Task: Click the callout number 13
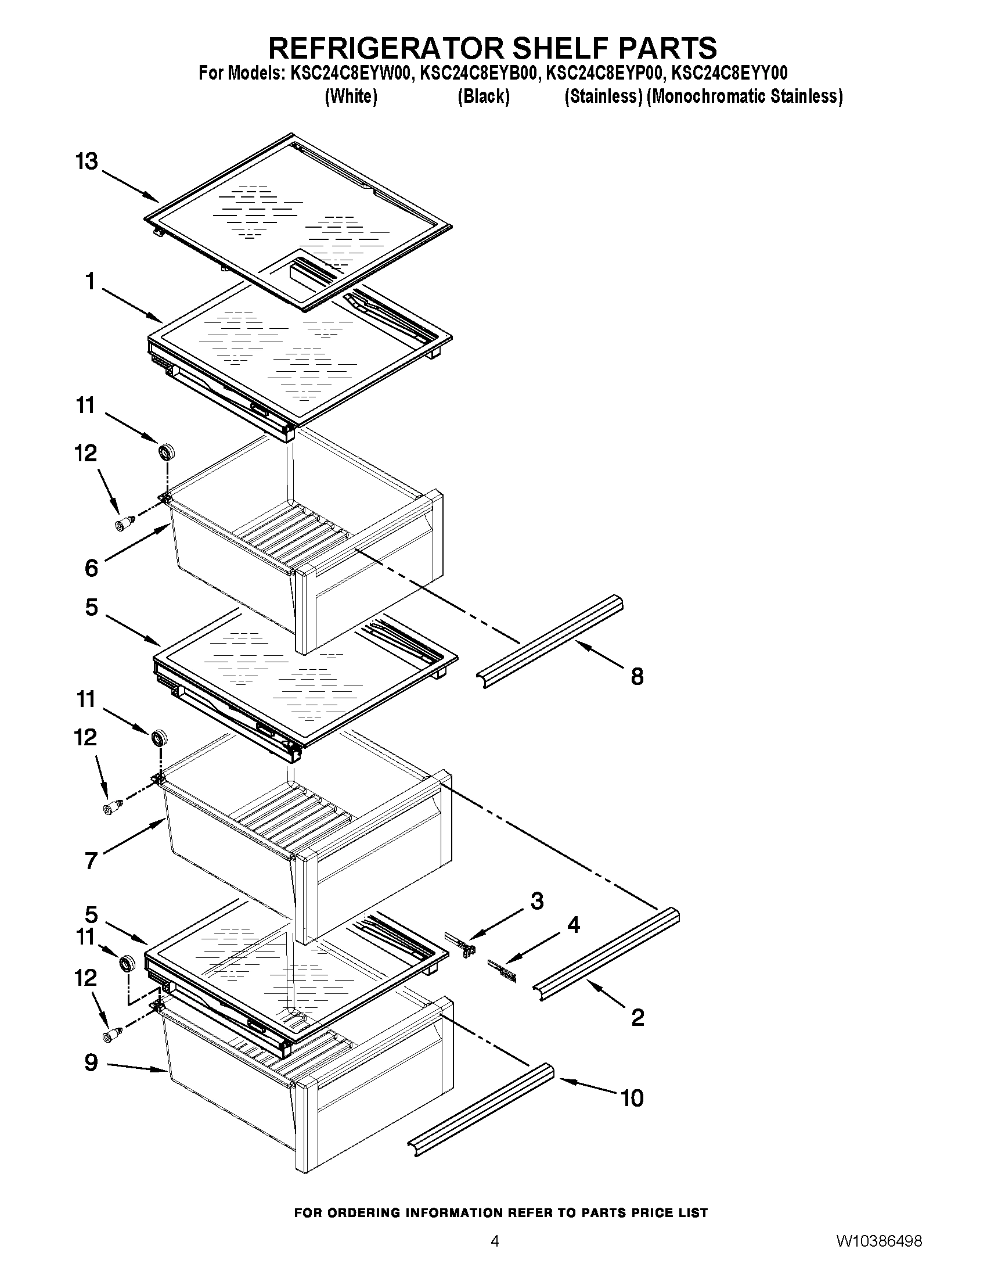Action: click(87, 161)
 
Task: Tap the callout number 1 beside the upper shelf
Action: click(90, 282)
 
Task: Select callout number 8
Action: click(637, 676)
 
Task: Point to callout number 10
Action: click(632, 1098)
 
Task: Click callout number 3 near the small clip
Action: click(536, 901)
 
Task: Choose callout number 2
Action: click(637, 1018)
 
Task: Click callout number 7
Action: click(91, 861)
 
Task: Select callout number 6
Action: click(91, 568)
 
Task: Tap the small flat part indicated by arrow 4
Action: click(503, 972)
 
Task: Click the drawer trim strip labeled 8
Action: click(550, 641)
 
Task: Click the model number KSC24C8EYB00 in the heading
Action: click(477, 73)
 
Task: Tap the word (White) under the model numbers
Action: click(350, 96)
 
